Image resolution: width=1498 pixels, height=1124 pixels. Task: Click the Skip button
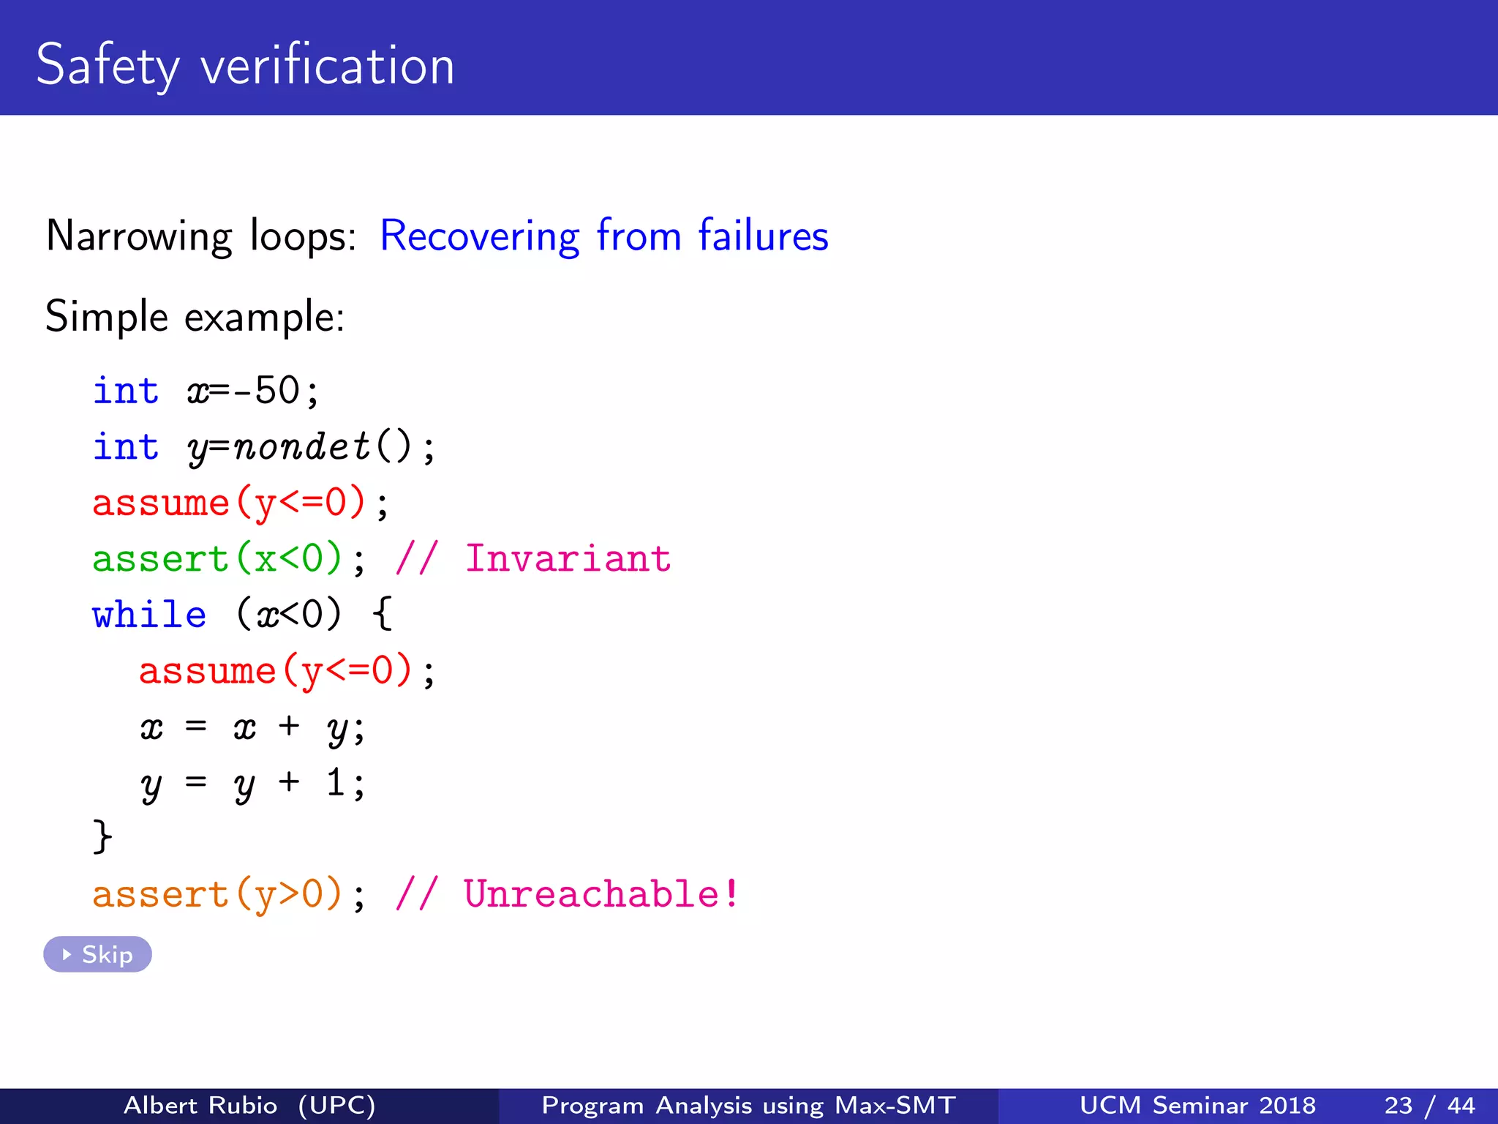(x=97, y=954)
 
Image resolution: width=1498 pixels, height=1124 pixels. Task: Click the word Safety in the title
(x=107, y=66)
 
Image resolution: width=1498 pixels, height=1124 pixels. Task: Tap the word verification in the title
(x=327, y=66)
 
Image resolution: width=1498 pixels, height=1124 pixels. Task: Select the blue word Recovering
(x=479, y=236)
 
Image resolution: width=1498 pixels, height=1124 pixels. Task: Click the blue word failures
(x=763, y=236)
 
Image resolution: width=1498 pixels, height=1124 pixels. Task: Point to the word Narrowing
(x=139, y=237)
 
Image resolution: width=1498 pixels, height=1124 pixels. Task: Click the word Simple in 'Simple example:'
(x=107, y=318)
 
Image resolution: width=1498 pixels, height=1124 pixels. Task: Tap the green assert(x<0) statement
(x=217, y=559)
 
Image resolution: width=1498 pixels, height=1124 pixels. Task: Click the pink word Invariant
(x=568, y=559)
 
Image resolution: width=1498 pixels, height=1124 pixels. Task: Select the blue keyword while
(x=149, y=615)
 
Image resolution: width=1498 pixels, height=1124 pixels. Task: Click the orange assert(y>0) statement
(x=217, y=894)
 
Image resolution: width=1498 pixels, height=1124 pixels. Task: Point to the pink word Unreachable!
(x=601, y=894)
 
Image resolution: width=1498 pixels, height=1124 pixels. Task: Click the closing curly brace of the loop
(x=102, y=836)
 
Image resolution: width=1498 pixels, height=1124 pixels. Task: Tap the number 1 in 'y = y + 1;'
(x=336, y=783)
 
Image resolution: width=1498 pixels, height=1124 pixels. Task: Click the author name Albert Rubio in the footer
(x=200, y=1105)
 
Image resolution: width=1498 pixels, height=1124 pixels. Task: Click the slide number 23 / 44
(x=1429, y=1105)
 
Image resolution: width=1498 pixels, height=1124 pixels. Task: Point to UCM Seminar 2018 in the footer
(x=1197, y=1105)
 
